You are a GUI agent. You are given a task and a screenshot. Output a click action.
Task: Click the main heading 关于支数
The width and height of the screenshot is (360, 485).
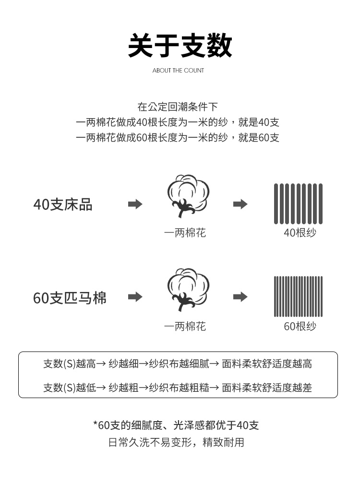[180, 46]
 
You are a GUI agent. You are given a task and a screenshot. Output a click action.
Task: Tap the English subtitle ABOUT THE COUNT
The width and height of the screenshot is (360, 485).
[178, 71]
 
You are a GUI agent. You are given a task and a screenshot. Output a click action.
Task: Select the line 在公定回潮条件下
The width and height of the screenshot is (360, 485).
[178, 107]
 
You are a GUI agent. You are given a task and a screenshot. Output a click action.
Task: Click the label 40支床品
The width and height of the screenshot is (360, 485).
[62, 205]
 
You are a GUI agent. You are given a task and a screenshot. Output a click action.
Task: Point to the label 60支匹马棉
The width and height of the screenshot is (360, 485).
[70, 298]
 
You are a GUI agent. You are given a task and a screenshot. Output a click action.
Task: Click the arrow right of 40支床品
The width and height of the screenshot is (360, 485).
[135, 204]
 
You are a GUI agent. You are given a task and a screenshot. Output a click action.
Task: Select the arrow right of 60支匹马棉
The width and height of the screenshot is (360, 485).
[135, 297]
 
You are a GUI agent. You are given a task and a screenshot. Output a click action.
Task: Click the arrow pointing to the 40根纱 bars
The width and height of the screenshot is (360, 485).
[240, 204]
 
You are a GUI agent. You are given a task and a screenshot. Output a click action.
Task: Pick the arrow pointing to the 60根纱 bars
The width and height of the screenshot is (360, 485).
[240, 297]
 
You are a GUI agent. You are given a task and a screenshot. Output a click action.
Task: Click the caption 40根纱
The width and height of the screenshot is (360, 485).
[300, 233]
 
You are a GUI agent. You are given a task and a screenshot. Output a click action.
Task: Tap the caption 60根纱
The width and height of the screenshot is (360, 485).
[300, 327]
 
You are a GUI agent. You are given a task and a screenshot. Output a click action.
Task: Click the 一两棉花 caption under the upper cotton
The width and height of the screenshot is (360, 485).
[185, 233]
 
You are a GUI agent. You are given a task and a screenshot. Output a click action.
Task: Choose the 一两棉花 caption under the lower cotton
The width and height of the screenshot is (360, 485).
[185, 327]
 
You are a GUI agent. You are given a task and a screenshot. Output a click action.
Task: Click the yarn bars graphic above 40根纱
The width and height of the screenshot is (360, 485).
[298, 204]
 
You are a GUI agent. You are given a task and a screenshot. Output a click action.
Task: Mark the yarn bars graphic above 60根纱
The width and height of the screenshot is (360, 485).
[298, 296]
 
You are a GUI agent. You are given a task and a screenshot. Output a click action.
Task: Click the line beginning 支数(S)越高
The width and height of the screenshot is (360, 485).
[178, 364]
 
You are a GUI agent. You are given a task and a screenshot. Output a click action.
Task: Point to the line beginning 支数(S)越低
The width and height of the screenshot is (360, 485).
[178, 388]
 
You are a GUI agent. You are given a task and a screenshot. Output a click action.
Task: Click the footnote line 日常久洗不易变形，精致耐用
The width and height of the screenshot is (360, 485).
[176, 442]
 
